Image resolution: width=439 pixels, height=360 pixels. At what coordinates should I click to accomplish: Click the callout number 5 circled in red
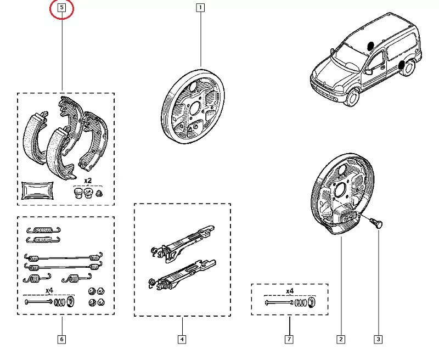[62, 8]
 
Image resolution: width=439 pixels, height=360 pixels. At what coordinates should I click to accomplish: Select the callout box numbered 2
[341, 339]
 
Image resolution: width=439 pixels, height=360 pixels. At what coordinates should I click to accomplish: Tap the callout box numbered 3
[378, 339]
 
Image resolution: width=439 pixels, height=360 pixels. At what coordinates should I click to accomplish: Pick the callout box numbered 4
[182, 339]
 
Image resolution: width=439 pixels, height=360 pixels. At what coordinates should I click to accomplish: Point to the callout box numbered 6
[61, 339]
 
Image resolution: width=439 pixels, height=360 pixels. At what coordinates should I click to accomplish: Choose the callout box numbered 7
[289, 339]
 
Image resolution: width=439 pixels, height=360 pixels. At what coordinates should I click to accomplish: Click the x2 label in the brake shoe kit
[87, 181]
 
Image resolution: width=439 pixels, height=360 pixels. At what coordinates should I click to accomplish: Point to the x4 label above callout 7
[290, 291]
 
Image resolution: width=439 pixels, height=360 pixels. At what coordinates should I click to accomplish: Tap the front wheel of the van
[352, 98]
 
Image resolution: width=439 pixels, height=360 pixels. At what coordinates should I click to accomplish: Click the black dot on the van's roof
[370, 45]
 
